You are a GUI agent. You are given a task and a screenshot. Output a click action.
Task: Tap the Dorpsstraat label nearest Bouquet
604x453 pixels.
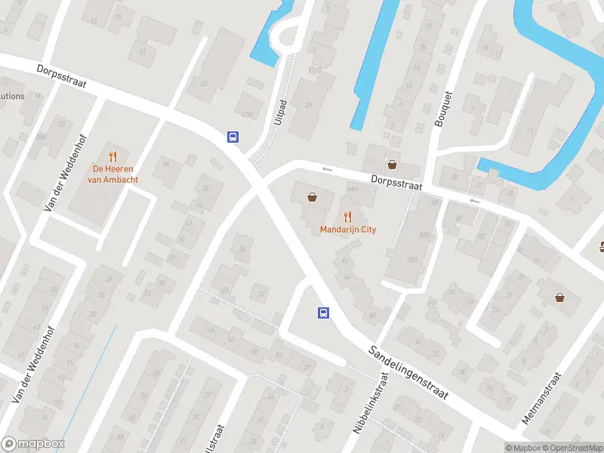point(396,181)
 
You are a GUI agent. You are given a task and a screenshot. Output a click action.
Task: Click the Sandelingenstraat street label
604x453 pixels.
point(408,373)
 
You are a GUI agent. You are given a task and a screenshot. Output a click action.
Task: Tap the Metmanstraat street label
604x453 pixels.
point(542,399)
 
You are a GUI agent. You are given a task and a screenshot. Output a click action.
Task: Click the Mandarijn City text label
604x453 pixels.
point(347,230)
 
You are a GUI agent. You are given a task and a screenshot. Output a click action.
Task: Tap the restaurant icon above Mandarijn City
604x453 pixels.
point(347,216)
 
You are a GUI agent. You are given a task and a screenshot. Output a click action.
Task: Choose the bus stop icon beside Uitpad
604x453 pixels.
point(233,137)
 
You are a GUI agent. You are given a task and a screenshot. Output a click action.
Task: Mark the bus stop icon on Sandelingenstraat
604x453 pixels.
point(323,313)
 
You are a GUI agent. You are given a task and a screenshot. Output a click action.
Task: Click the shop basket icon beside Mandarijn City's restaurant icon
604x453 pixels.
point(312,198)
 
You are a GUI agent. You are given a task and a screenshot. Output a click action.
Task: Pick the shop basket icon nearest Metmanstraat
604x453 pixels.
point(559,297)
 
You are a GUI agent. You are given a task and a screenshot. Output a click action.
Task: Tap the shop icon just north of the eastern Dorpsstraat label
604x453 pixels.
point(392,164)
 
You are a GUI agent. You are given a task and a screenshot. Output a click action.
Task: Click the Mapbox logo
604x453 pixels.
point(32,444)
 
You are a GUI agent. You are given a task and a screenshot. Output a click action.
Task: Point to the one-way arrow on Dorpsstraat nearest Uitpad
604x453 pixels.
point(327,169)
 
